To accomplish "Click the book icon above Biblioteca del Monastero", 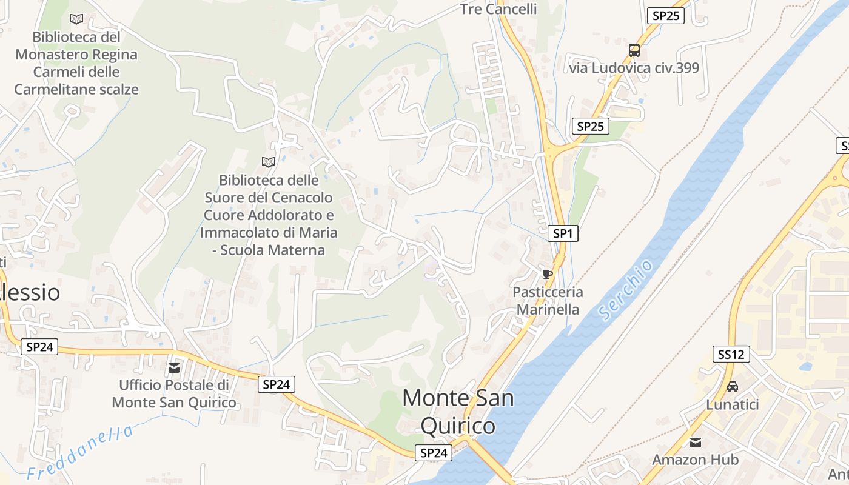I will click(x=76, y=19).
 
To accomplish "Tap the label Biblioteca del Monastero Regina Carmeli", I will click(x=76, y=63).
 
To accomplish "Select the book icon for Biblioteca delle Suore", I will click(x=268, y=162).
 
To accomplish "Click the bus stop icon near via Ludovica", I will click(x=634, y=50).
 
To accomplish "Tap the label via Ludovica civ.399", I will click(x=634, y=67).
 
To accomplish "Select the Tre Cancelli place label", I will click(x=498, y=8).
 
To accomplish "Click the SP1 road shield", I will click(x=562, y=233).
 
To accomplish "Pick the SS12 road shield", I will click(x=731, y=355).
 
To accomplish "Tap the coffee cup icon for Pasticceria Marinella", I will click(x=548, y=274).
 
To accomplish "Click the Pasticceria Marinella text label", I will click(x=548, y=301).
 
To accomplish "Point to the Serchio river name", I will click(x=625, y=289).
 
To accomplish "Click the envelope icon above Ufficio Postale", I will click(x=174, y=367).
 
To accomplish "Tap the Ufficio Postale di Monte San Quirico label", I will click(x=174, y=393).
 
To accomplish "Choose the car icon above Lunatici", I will click(x=733, y=386).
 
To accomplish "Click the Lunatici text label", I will click(x=733, y=404).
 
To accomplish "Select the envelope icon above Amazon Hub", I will click(x=696, y=443).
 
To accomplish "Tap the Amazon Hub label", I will click(x=696, y=460).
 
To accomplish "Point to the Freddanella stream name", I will click(x=80, y=452).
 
